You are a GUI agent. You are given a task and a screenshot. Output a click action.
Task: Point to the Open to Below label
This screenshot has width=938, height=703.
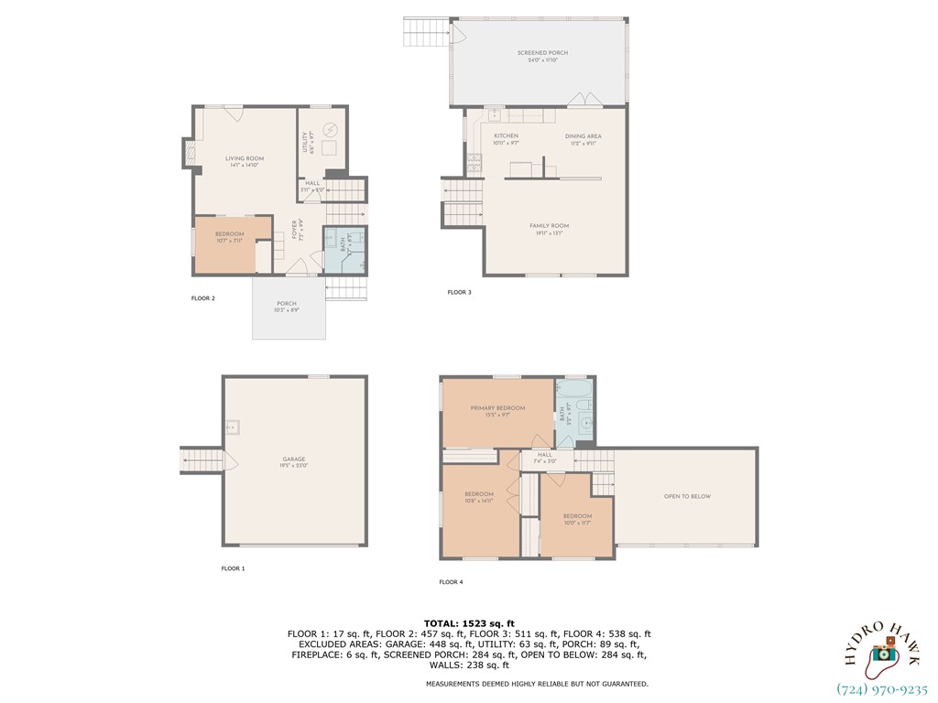(x=687, y=497)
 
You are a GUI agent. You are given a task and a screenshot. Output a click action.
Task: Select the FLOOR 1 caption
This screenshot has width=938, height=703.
(x=233, y=568)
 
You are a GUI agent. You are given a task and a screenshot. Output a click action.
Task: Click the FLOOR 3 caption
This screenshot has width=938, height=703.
(x=459, y=292)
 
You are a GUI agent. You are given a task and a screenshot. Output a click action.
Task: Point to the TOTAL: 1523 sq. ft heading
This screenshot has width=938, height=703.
(x=469, y=623)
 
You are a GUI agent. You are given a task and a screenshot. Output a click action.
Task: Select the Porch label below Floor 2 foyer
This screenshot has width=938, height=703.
(x=287, y=307)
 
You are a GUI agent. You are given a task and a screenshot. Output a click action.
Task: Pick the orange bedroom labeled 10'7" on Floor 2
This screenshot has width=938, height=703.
(x=229, y=237)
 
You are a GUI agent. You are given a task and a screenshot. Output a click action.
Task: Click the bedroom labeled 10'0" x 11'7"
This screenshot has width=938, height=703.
(x=577, y=519)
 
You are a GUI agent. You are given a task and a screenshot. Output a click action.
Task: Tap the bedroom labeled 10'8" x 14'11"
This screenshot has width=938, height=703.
(x=480, y=497)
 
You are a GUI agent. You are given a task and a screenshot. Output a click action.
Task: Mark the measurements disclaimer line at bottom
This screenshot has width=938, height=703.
(x=537, y=684)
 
